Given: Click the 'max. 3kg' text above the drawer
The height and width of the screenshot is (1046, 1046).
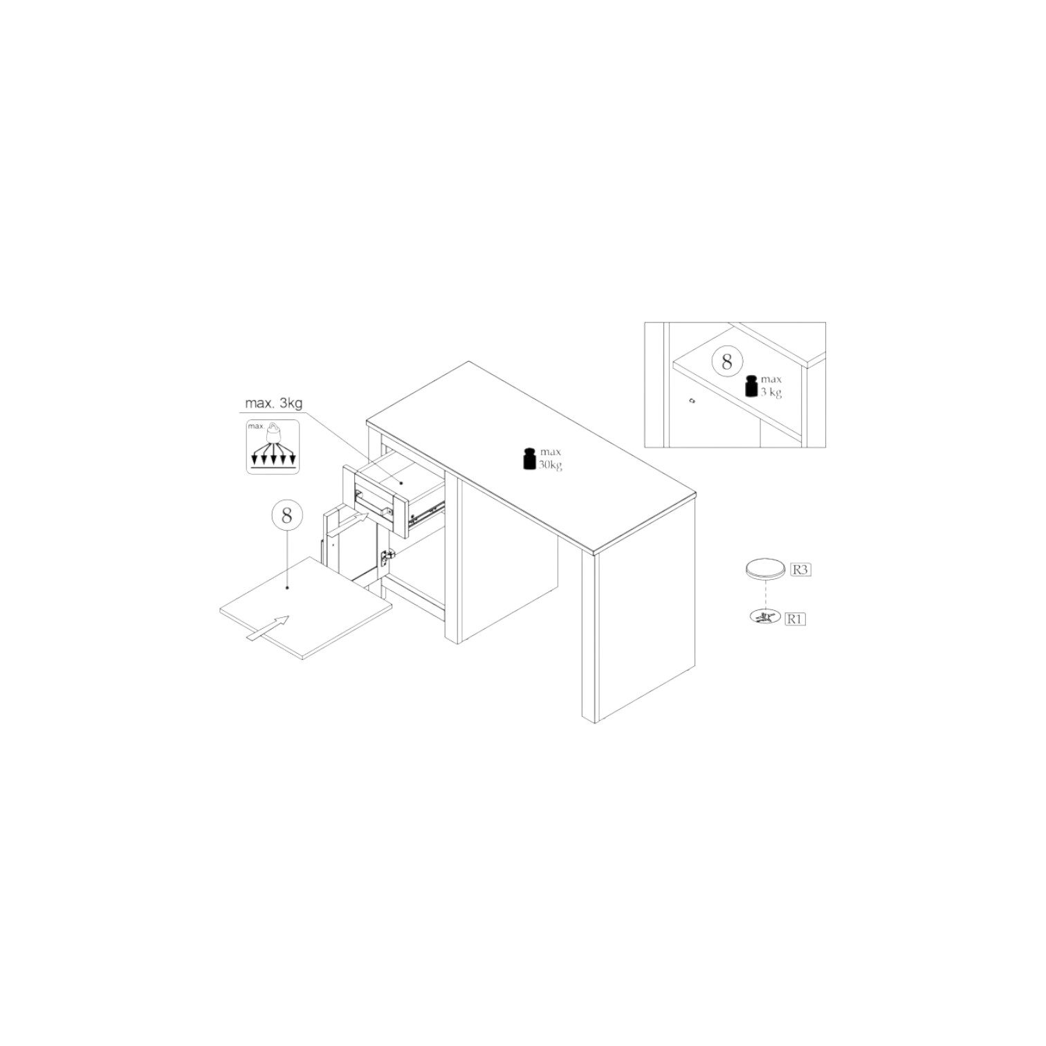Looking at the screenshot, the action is click(x=273, y=403).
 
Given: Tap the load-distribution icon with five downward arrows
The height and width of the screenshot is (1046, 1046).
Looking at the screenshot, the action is click(x=273, y=446).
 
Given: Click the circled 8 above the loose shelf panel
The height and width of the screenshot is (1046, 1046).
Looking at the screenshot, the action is click(x=286, y=515).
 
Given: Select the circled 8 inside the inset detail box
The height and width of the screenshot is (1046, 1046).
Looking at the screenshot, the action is click(x=726, y=362).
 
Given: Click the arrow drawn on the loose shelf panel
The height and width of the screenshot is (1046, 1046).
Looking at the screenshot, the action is click(x=268, y=629).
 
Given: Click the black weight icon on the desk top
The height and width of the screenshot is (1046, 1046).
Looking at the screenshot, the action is click(x=529, y=459).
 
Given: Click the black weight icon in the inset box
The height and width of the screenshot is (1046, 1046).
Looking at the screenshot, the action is click(x=752, y=386).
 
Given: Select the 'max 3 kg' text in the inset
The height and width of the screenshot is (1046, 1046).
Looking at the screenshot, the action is click(x=771, y=386).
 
